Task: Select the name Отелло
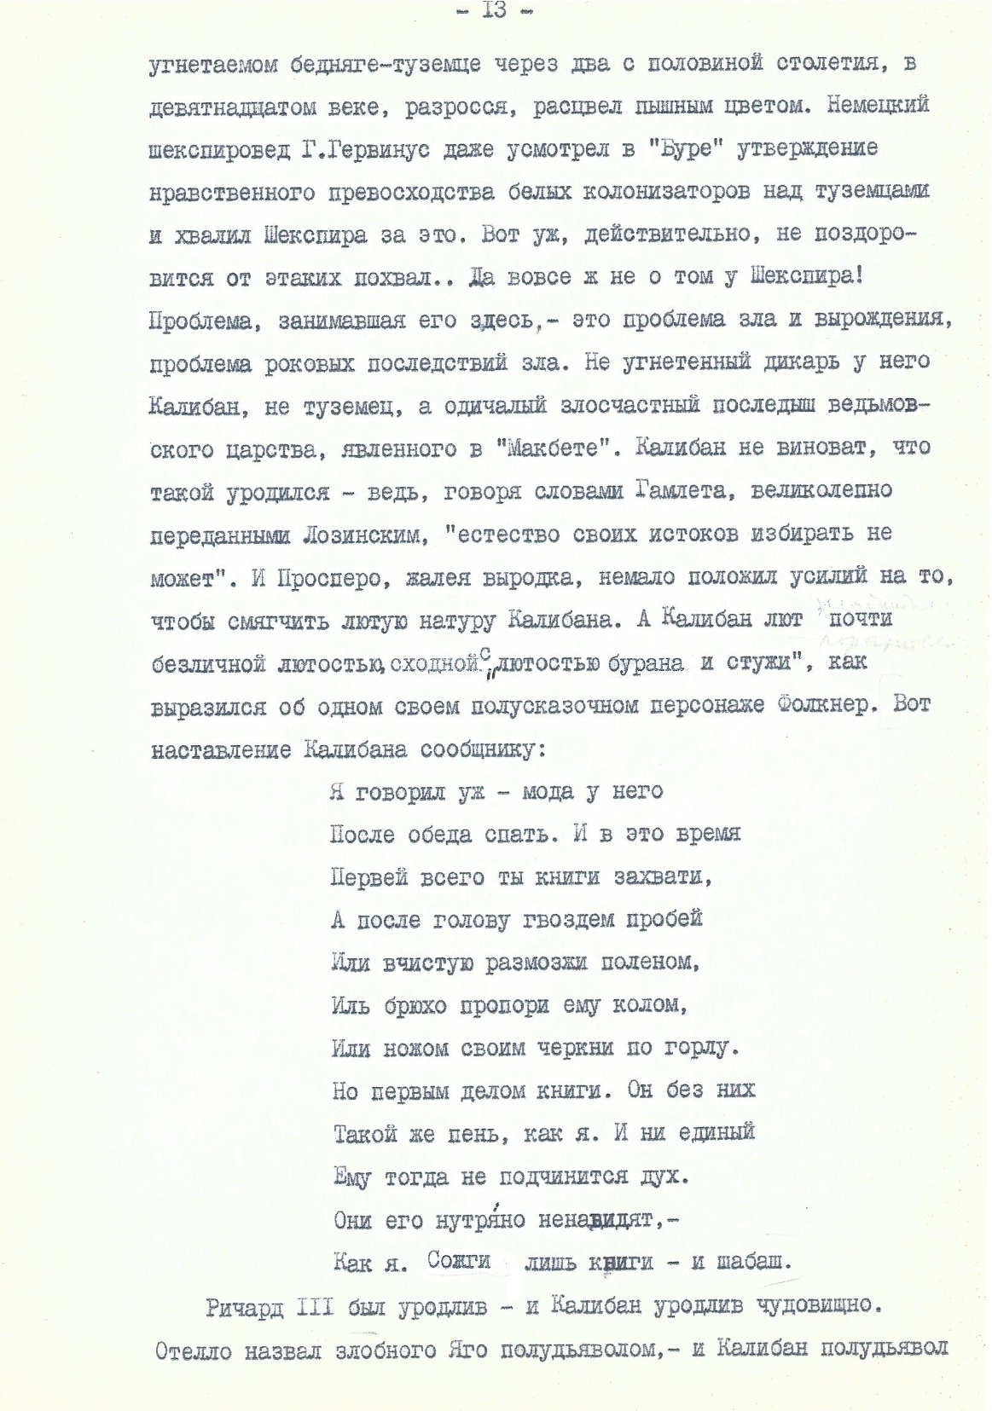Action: pos(194,1350)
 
